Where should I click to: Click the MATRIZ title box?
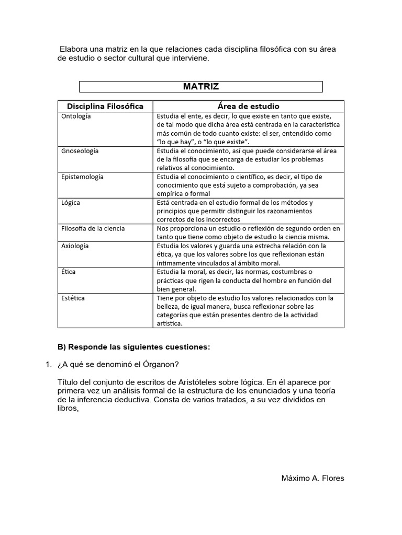click(x=200, y=87)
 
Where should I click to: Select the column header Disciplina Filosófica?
click(x=105, y=106)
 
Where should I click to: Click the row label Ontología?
click(x=76, y=116)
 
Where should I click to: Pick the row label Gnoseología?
click(x=80, y=151)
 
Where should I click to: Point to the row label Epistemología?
click(x=82, y=177)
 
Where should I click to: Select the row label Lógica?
click(x=71, y=202)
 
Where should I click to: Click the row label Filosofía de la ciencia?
click(x=93, y=228)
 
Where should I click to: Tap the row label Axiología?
click(x=75, y=246)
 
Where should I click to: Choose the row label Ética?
click(x=69, y=272)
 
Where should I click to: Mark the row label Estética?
click(x=73, y=298)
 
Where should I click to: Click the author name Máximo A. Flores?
click(x=312, y=478)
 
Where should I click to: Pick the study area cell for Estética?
click(x=249, y=311)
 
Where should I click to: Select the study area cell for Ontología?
click(x=249, y=129)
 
